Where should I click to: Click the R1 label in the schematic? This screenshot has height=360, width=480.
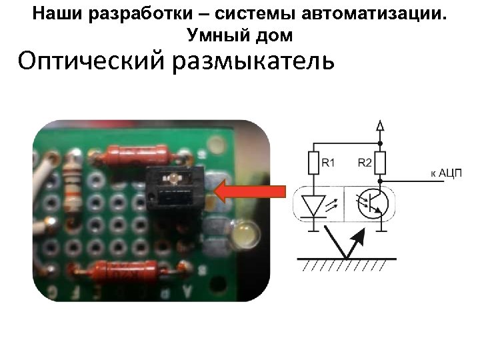click(329, 162)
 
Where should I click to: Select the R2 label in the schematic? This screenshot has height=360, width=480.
click(365, 162)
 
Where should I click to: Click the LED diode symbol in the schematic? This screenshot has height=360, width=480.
click(313, 204)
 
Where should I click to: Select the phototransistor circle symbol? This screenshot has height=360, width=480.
click(371, 204)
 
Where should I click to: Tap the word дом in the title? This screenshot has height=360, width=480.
click(275, 33)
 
